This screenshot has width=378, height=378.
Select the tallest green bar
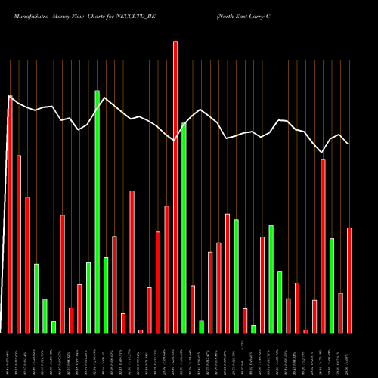[x=97, y=212]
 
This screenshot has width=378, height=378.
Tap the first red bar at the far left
[x=10, y=215]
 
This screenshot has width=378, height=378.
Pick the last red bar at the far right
[x=349, y=280]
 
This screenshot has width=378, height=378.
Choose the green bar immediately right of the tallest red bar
[x=184, y=228]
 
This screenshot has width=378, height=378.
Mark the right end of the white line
[x=349, y=143]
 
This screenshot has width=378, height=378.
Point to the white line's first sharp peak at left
[x=10, y=97]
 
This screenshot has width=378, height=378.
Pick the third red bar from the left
[x=27, y=265]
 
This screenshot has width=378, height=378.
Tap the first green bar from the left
[x=36, y=299]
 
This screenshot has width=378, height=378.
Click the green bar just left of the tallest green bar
[x=88, y=297]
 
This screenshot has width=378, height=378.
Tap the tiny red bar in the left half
[x=141, y=331]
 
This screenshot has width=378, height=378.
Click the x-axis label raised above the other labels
[x=243, y=344]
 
